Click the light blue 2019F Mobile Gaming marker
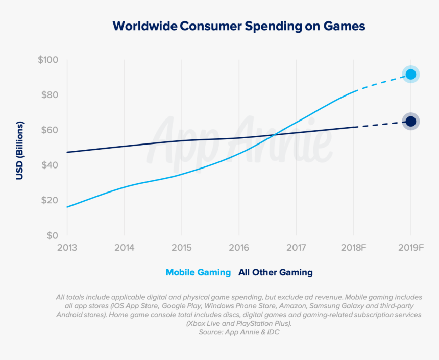411,75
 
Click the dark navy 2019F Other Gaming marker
411,122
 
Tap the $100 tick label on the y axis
48,60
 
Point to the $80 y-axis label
50,95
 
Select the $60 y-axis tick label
50,130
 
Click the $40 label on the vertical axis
50,165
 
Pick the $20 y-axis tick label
50,200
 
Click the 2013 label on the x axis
67,248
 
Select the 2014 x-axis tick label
124,248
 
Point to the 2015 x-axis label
181,248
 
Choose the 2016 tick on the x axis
239,248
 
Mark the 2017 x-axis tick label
296,248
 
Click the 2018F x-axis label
354,248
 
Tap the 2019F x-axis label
411,248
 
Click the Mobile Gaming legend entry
198,272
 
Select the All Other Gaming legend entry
276,272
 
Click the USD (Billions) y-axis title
20,151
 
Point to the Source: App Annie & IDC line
239,332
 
